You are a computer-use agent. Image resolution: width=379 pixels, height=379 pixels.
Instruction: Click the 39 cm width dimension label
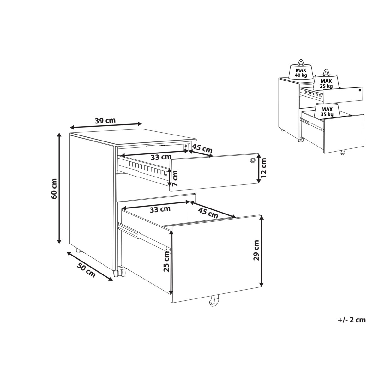point(105,120)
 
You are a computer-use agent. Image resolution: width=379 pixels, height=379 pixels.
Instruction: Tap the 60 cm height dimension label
point(54,189)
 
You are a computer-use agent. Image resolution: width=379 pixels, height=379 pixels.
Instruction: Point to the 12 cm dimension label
point(263,168)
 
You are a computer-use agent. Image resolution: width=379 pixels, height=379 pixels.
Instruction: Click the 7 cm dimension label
point(175,178)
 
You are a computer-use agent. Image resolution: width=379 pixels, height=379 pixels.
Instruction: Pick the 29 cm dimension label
point(256,250)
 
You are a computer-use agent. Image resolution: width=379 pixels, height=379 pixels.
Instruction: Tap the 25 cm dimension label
point(166,262)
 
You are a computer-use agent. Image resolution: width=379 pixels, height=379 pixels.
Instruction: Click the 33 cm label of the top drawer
point(161,157)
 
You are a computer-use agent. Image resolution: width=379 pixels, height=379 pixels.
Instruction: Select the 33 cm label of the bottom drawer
point(160,209)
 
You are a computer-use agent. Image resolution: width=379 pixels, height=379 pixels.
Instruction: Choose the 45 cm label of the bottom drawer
point(208,213)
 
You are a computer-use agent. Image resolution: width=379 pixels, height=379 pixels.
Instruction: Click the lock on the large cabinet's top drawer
point(252,160)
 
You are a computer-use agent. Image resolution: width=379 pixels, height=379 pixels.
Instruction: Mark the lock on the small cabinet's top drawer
point(360,90)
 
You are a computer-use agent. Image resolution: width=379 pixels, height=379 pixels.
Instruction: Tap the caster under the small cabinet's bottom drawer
point(343,153)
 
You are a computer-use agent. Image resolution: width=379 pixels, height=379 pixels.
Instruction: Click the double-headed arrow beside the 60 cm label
point(59,188)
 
